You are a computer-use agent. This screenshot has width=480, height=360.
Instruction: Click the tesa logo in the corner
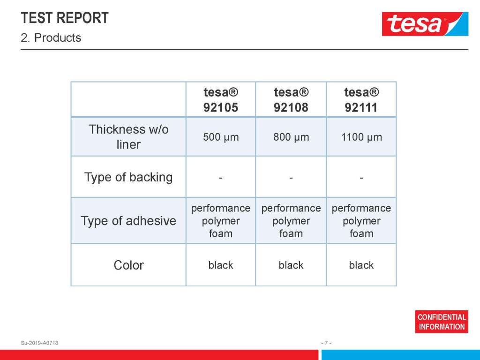[425, 24]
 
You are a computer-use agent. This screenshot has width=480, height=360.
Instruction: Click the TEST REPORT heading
[65, 18]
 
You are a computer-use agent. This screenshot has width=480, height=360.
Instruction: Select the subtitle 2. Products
[51, 37]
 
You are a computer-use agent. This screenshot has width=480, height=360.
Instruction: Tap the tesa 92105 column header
[221, 100]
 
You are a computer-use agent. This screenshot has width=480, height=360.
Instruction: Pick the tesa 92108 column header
[291, 100]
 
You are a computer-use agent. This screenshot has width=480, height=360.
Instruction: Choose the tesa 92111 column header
[361, 100]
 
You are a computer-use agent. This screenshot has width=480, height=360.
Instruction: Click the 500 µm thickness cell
[221, 137]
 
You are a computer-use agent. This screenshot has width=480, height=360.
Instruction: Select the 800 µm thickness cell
[291, 137]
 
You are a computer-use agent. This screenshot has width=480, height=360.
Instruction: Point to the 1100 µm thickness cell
[361, 137]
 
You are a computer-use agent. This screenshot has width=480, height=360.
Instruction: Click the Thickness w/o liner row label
[128, 137]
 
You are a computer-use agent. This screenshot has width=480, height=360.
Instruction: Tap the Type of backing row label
[128, 177]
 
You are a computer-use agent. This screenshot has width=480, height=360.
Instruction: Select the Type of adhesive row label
[128, 221]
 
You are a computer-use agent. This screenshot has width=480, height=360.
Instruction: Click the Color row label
[128, 265]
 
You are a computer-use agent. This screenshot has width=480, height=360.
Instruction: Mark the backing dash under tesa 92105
[221, 178]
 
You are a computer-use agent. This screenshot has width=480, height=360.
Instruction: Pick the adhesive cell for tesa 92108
[291, 221]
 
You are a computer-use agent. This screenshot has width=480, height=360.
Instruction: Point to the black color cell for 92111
[361, 265]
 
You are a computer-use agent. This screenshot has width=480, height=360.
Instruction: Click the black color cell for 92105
[221, 265]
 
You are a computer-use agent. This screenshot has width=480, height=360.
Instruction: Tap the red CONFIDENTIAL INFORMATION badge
[442, 322]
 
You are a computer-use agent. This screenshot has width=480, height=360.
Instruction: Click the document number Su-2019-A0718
[39, 343]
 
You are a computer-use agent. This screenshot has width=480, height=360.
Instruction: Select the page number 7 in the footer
[326, 343]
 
